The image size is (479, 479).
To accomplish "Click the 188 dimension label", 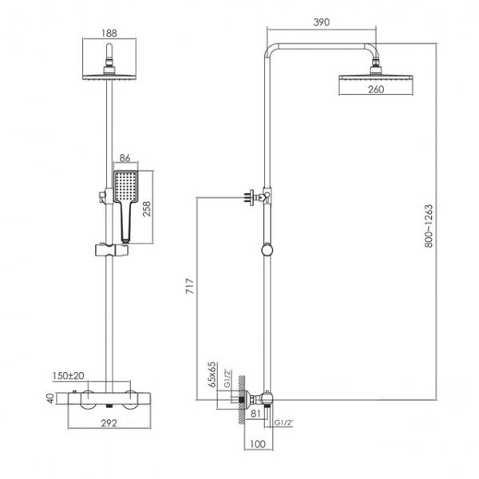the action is tap(109, 33).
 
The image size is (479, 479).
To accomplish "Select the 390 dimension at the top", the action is tap(322, 22).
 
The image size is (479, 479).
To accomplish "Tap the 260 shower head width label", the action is tap(376, 89).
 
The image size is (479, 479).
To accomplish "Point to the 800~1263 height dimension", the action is tap(429, 226).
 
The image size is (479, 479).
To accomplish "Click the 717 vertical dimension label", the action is tap(190, 286).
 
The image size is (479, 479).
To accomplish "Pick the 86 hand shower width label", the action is tap(125, 158).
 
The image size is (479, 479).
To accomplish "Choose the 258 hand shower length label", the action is tap(147, 208).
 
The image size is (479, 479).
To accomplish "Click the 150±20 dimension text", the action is tap(68, 375).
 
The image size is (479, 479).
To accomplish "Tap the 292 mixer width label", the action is tap(109, 423).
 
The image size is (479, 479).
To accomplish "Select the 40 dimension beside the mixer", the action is tap(50, 398).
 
